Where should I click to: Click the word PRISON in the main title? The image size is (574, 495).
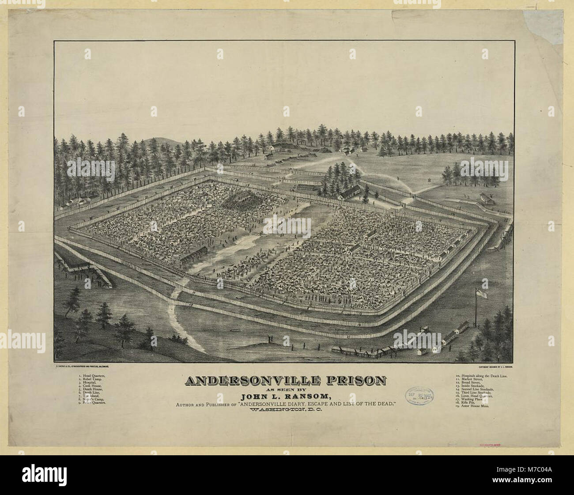coord(347,380)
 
